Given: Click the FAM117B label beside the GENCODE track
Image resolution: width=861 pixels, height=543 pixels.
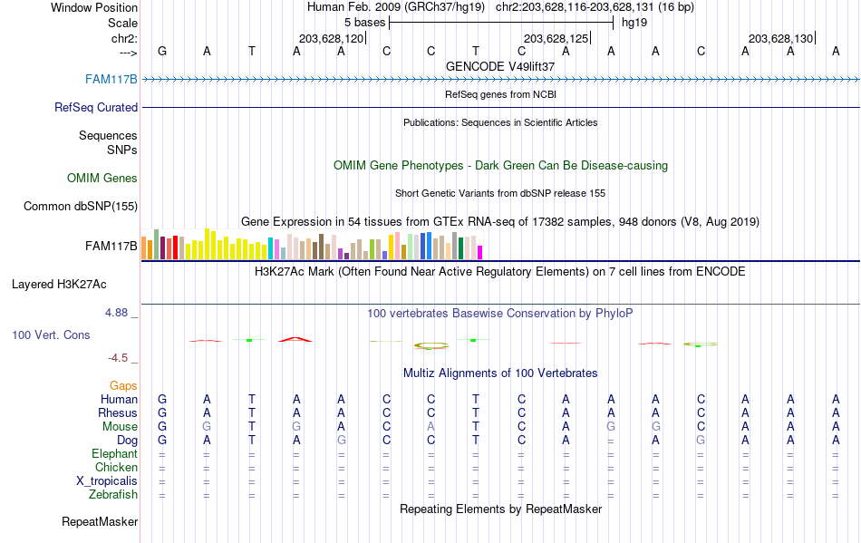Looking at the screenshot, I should tap(111, 79).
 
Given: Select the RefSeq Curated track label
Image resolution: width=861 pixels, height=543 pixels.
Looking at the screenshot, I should tap(96, 107).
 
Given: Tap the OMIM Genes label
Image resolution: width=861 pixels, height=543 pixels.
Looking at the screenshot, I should tap(102, 178).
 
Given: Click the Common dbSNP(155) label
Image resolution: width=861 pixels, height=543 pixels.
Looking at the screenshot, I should tap(81, 206).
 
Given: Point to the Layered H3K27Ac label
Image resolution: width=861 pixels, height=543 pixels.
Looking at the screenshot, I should tap(59, 284).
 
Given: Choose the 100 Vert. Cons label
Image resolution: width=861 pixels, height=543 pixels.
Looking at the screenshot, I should tap(51, 335).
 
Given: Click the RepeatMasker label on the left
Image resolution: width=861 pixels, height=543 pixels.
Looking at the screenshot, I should tap(100, 521).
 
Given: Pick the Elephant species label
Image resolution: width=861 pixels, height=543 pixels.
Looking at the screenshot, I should tap(114, 453).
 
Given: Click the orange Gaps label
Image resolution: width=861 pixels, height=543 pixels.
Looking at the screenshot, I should tap(123, 385).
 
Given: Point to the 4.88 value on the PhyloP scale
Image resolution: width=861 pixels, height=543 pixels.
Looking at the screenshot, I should tap(118, 313).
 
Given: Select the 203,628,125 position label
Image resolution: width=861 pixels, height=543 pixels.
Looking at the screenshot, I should tap(556, 38).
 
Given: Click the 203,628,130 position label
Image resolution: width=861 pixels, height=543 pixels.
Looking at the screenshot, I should tap(780, 38).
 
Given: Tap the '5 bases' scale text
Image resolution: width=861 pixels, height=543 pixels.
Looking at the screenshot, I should tap(364, 22).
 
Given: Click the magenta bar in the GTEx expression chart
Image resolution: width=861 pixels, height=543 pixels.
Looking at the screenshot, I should tap(479, 252).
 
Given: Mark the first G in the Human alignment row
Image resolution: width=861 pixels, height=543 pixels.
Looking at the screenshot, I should tap(162, 399).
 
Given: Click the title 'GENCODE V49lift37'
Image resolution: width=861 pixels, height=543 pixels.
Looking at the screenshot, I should tap(500, 66).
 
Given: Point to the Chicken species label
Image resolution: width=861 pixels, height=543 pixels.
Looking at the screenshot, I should tap(117, 467).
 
